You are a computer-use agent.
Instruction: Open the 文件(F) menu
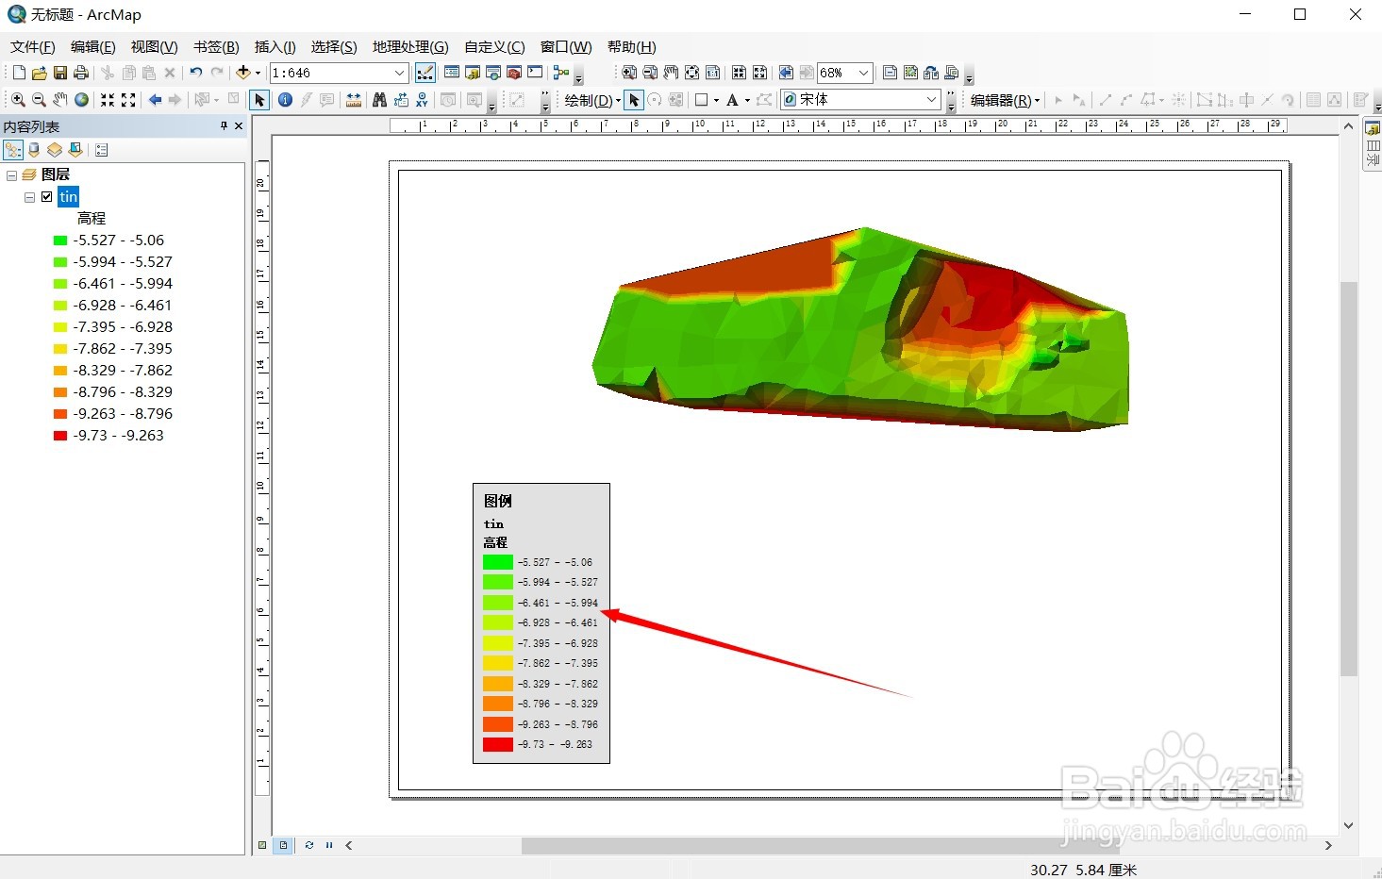pyautogui.click(x=33, y=47)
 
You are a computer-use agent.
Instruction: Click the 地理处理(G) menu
pyautogui.click(x=410, y=47)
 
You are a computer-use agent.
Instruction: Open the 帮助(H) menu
pyautogui.click(x=631, y=47)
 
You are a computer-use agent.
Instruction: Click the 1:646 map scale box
pyautogui.click(x=339, y=73)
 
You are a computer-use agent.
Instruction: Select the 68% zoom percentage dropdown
pyautogui.click(x=844, y=73)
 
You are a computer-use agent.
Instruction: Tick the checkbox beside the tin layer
pyautogui.click(x=47, y=197)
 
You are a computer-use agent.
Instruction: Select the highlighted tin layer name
pyautogui.click(x=68, y=197)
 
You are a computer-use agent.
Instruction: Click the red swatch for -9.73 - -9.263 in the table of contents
pyautogui.click(x=60, y=436)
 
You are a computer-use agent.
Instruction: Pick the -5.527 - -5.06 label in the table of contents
pyautogui.click(x=119, y=240)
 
